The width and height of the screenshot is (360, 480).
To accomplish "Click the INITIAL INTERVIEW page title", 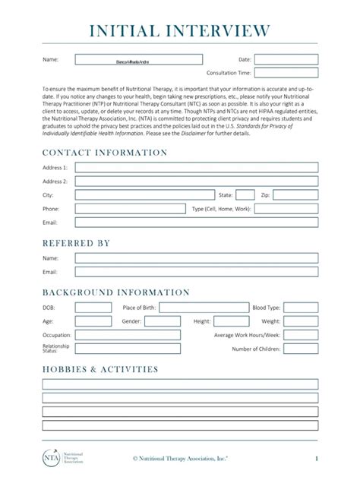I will coord(180,30).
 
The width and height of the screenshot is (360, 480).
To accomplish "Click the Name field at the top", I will coord(139,59).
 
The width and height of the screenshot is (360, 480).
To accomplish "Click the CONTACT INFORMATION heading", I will coord(105,152).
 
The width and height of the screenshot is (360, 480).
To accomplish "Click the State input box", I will coord(245,194).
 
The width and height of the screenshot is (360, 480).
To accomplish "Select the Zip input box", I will coord(295,194).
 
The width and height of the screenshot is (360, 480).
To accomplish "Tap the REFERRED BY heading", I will coord(76,243).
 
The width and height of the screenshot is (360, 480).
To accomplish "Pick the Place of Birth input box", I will coord(204,308).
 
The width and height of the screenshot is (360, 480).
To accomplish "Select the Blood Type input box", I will coord(301,308).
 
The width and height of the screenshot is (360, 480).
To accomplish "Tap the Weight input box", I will coord(301,321).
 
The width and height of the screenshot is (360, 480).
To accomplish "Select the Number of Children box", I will coord(301,349).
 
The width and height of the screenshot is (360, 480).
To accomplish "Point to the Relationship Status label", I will coord(55,349).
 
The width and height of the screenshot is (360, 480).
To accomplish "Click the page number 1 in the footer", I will coord(316,458).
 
